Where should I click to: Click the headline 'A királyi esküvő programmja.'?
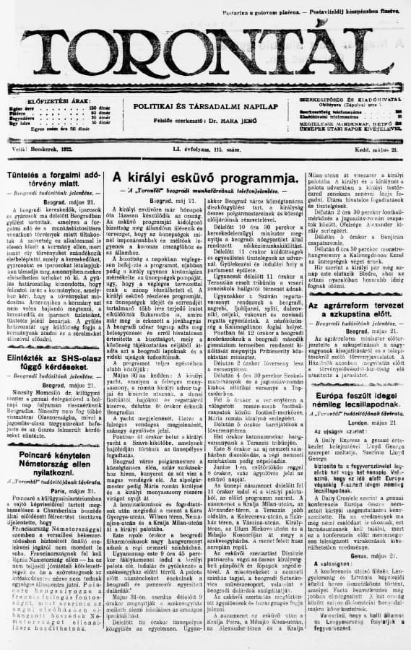click(204, 178)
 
